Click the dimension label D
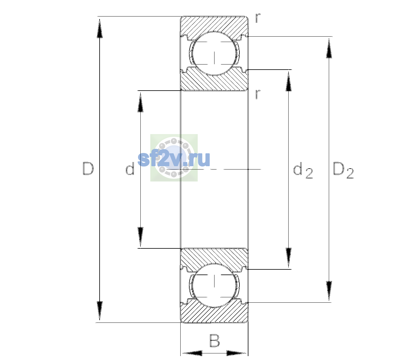pyautogui.click(x=88, y=169)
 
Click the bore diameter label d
pyautogui.click(x=130, y=169)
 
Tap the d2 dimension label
pyautogui.click(x=303, y=170)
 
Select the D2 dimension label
pyautogui.click(x=343, y=170)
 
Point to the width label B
pyautogui.click(x=214, y=340)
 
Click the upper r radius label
pyautogui.click(x=258, y=18)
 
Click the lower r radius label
pyautogui.click(x=258, y=94)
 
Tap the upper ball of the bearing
pyautogui.click(x=214, y=53)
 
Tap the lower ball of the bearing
pyautogui.click(x=214, y=285)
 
